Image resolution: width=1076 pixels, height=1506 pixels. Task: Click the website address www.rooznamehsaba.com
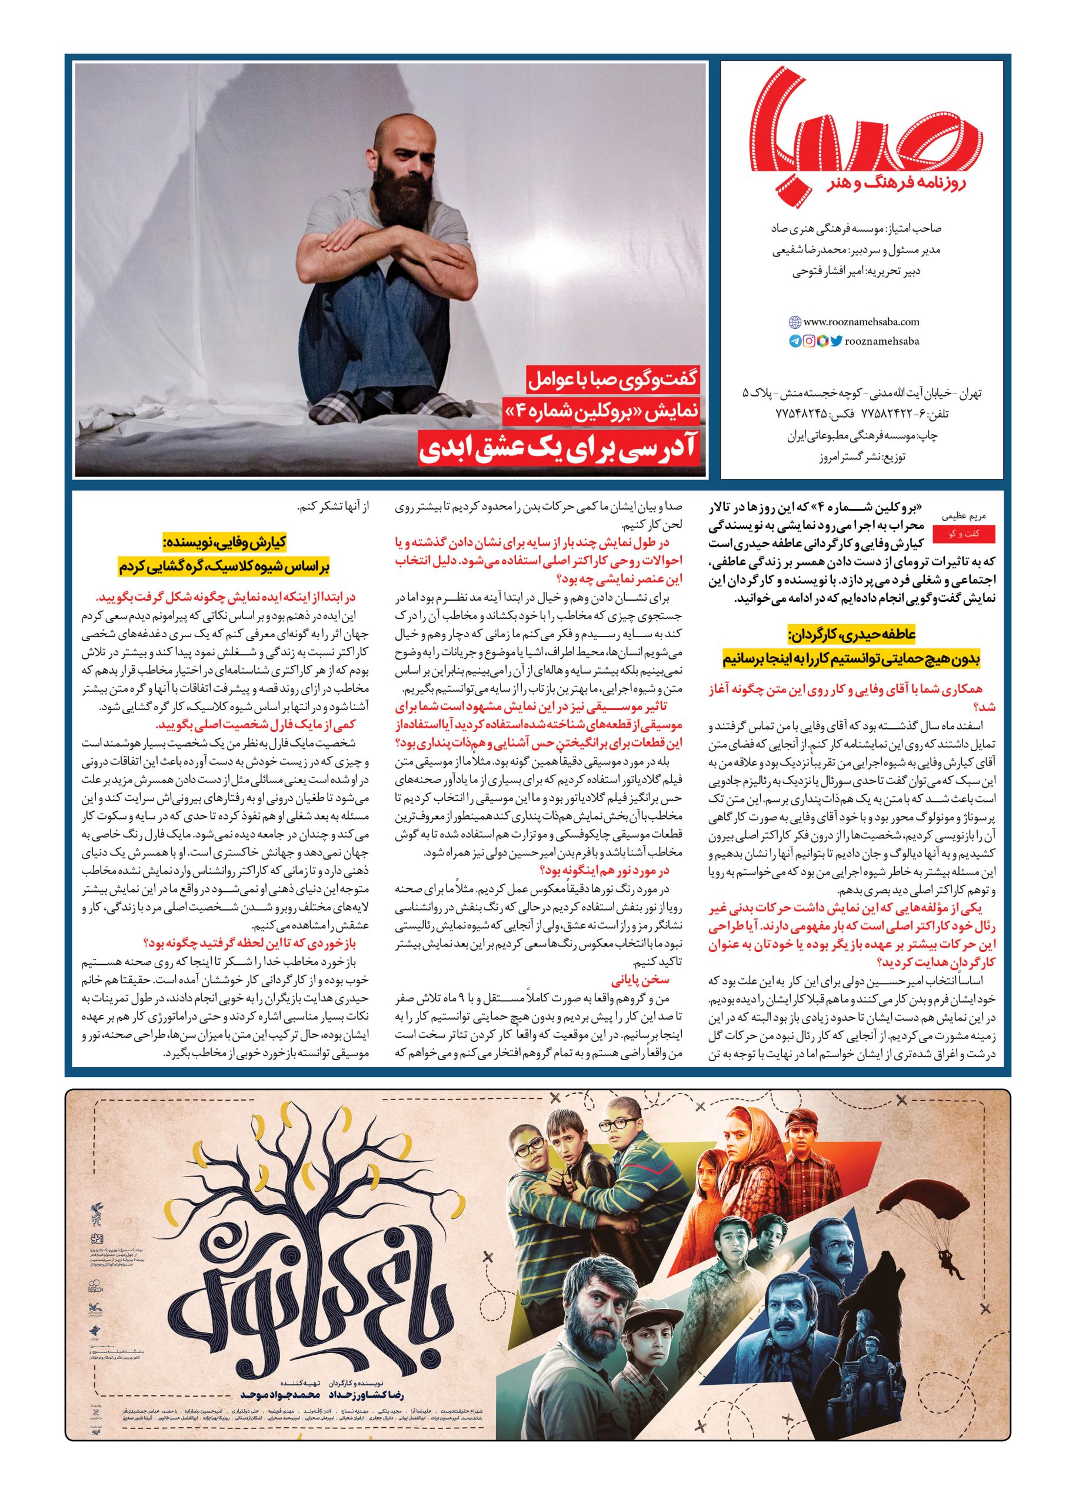(861, 321)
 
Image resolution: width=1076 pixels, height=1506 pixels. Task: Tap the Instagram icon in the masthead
(808, 341)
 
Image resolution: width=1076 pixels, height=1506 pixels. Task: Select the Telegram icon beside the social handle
(794, 341)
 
